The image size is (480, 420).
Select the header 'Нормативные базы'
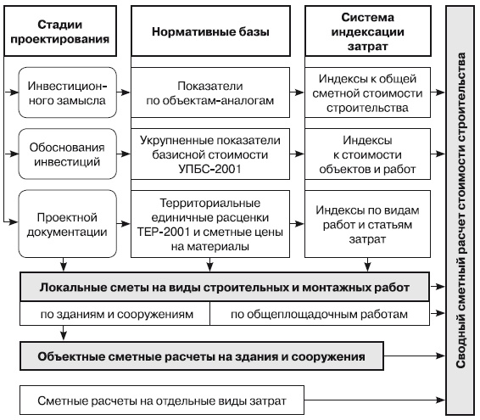click(x=210, y=31)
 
